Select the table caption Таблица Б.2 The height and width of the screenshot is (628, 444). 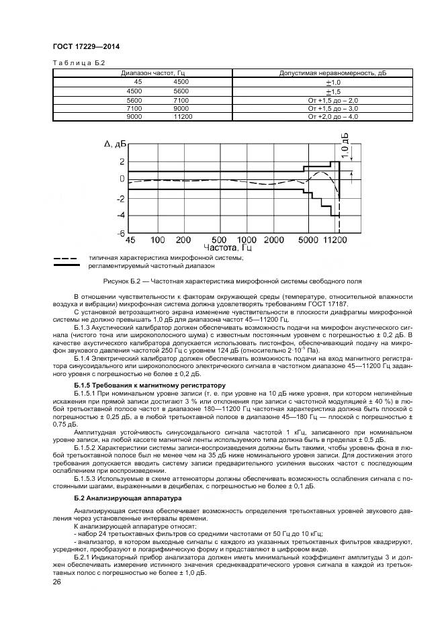[x=75, y=62]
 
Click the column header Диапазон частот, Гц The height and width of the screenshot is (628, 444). [x=148, y=73]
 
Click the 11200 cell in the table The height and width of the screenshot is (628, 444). [x=182, y=117]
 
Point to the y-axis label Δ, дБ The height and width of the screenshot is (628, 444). [x=115, y=144]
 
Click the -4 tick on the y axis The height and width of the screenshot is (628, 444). [x=121, y=216]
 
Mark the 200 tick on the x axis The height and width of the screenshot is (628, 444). [x=187, y=240]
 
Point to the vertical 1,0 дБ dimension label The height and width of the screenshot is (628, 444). [x=345, y=146]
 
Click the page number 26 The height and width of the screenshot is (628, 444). [x=56, y=582]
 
